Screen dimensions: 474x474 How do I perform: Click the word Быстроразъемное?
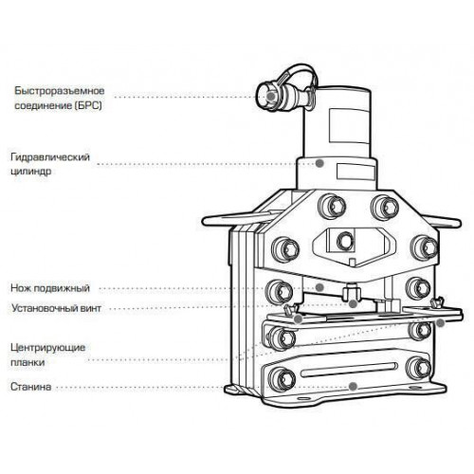[60, 91]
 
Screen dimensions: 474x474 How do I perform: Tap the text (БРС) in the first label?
[89, 105]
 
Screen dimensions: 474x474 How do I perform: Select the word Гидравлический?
[50, 157]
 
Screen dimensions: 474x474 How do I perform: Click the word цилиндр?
[31, 172]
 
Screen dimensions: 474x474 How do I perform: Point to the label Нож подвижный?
[50, 288]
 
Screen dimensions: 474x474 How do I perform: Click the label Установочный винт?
[56, 308]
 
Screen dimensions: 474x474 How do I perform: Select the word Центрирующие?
[48, 348]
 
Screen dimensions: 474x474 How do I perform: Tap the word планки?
[27, 362]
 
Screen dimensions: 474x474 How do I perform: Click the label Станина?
[31, 387]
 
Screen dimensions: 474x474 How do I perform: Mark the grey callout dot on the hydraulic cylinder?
[319, 163]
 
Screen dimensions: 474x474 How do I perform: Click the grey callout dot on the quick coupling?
[270, 96]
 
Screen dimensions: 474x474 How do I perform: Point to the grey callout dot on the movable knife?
[319, 287]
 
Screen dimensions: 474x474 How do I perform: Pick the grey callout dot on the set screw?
[353, 304]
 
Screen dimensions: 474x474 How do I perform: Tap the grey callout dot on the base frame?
[353, 386]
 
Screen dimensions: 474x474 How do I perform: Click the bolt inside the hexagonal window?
[345, 241]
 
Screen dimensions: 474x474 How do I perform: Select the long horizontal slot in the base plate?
[349, 370]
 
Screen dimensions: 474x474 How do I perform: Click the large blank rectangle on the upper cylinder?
[350, 125]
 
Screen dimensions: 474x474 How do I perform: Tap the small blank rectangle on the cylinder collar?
[355, 172]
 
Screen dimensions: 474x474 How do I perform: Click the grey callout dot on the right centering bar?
[440, 323]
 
